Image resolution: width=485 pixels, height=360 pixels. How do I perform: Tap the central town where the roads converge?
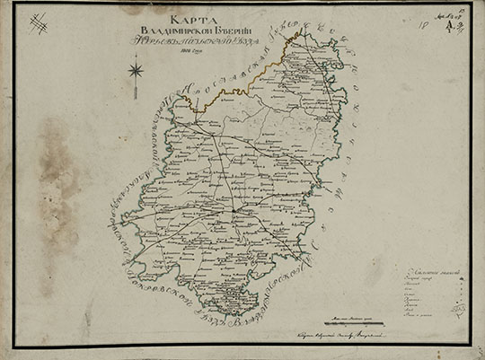(234, 211)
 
